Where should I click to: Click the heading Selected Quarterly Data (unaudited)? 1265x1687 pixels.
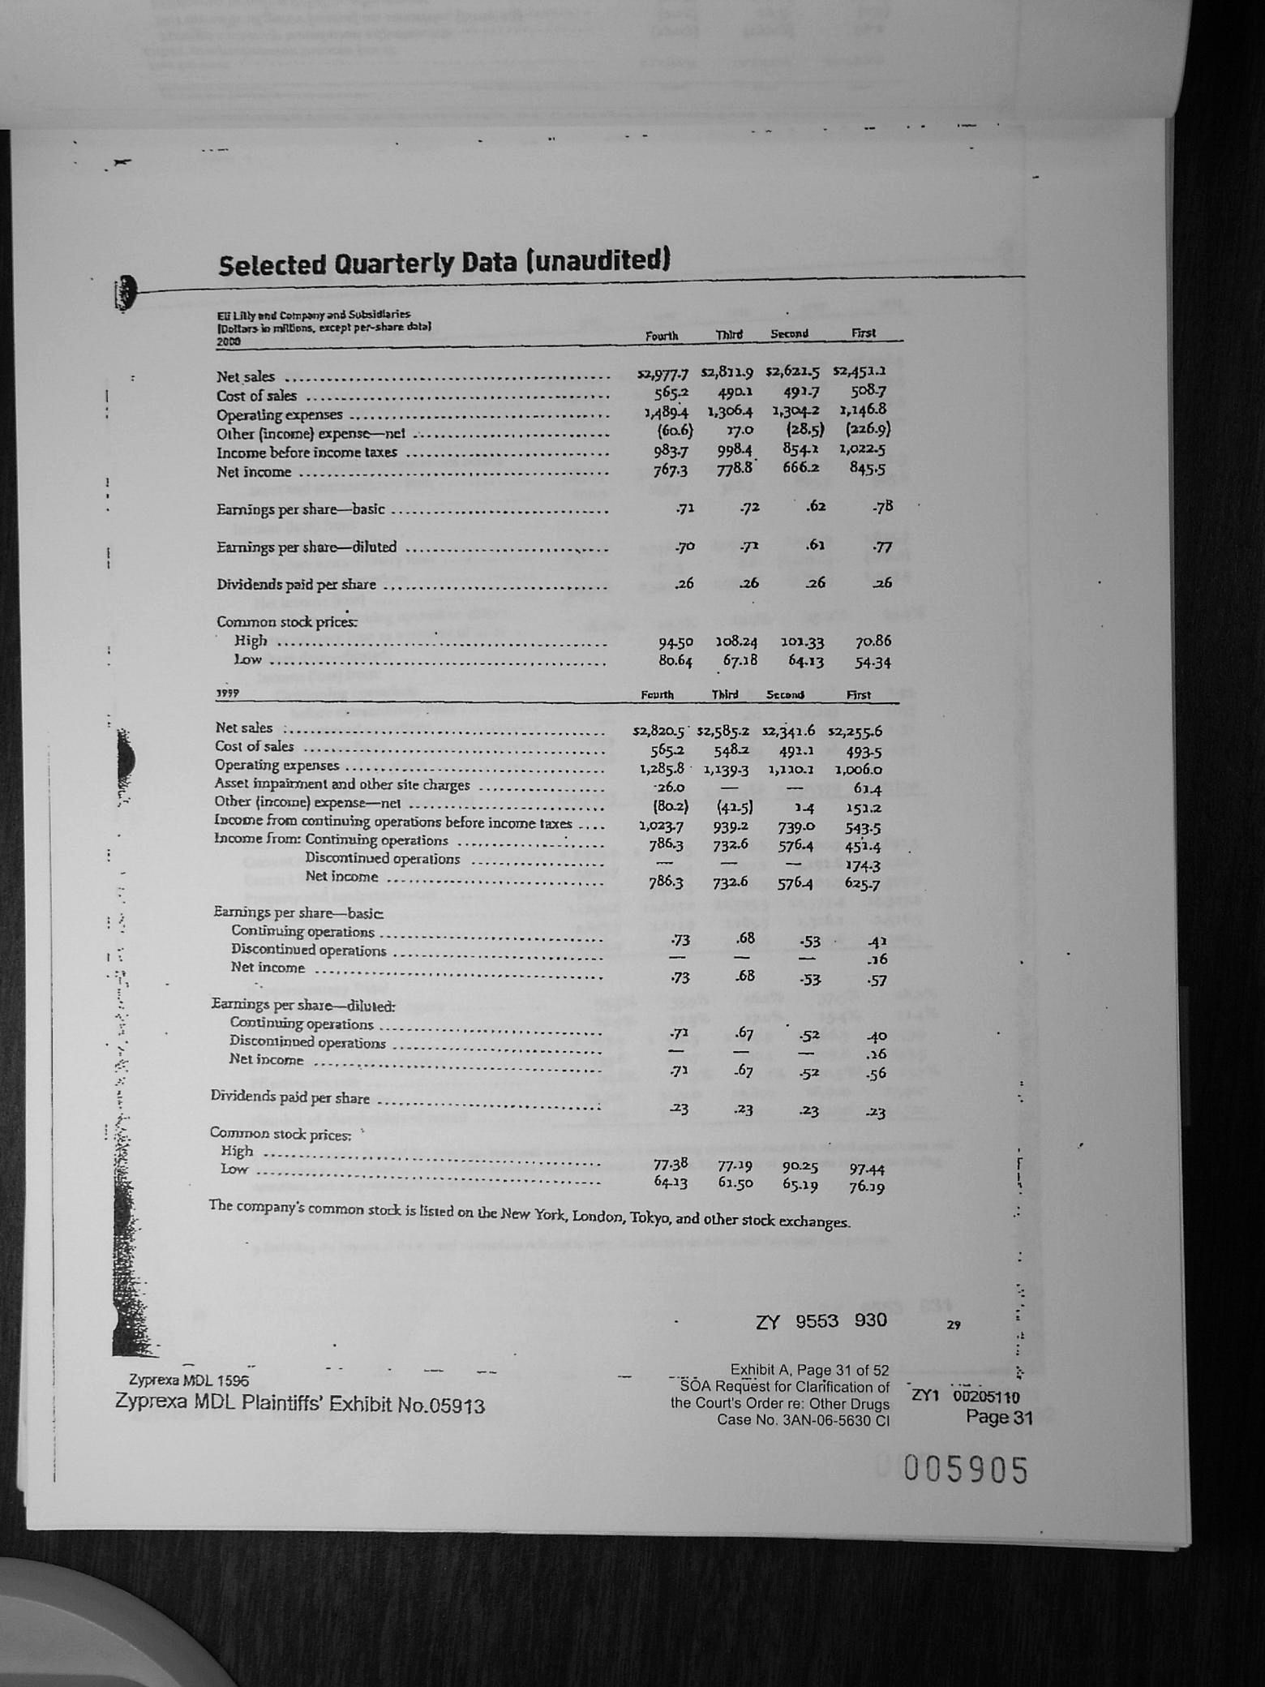pos(444,263)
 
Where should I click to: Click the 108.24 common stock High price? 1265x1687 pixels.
pos(735,642)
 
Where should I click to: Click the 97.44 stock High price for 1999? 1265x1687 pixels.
pos(866,1169)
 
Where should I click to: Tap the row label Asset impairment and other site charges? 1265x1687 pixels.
pos(341,784)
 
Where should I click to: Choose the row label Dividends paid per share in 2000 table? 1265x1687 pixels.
pos(296,585)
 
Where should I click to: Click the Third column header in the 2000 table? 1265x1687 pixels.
pos(730,335)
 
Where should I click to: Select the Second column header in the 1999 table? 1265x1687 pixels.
pos(785,695)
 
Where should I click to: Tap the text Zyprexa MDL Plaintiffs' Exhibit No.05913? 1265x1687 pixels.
pos(299,1403)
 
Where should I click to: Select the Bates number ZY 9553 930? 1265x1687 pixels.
pos(821,1320)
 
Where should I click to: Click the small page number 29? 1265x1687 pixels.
pos(953,1324)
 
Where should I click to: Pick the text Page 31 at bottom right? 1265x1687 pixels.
pos(999,1417)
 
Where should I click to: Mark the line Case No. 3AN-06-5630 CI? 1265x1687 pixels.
pos(803,1420)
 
